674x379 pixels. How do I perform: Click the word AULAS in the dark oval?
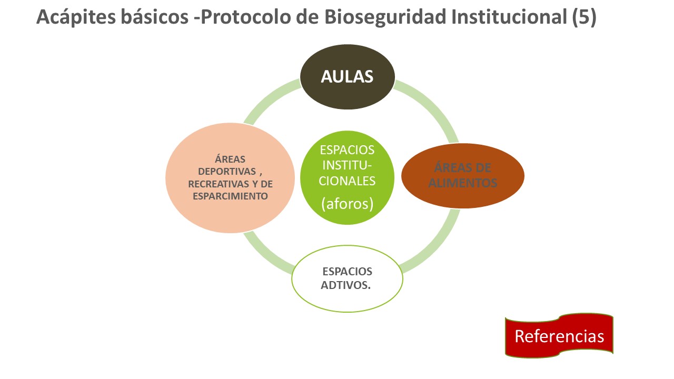[347, 76]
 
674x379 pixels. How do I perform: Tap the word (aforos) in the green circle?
[347, 204]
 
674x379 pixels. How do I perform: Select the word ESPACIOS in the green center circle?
[347, 150]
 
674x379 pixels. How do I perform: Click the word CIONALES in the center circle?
[347, 181]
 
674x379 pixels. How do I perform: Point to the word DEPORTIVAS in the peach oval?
[227, 172]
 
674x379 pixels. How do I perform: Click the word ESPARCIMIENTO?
[230, 196]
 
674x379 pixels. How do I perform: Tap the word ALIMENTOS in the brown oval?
[463, 183]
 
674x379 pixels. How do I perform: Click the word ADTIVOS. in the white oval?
[346, 285]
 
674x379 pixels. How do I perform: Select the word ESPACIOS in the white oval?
[347, 271]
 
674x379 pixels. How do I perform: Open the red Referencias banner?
[559, 336]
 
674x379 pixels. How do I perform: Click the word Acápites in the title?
[76, 17]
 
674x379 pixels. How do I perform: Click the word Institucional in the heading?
[509, 17]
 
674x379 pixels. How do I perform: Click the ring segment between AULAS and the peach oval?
[269, 98]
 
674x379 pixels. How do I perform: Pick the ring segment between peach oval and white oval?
[265, 256]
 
